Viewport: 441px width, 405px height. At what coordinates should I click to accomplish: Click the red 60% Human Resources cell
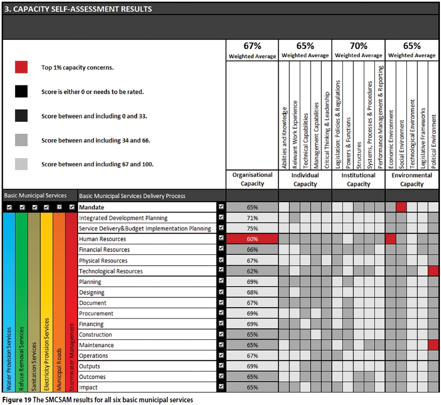pos(252,239)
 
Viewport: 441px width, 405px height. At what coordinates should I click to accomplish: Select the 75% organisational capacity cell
pos(252,229)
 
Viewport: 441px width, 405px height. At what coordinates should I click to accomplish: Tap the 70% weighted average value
pos(358,46)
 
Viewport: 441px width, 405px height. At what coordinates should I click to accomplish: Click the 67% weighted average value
pos(252,46)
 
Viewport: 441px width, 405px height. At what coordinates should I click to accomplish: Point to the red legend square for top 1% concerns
pos(21,68)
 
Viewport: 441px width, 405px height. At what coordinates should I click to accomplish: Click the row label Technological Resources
pos(111,271)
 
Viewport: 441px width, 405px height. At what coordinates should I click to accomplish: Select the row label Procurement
pos(96,314)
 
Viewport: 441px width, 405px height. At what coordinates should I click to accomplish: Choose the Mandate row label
pos(92,207)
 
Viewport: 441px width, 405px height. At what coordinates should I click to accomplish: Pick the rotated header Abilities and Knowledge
pos(284,135)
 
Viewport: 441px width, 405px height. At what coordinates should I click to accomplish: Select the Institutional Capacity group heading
pos(358,179)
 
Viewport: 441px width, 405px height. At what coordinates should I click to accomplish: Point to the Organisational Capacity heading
pos(252,179)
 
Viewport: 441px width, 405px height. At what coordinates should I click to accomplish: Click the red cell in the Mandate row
pos(401,207)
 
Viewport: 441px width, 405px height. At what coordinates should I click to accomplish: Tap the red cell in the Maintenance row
pos(433,345)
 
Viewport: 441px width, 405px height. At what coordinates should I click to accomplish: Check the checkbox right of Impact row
pos(221,388)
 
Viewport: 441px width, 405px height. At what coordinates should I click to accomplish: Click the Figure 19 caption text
pos(98,400)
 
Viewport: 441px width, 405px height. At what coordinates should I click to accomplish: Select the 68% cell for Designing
pos(252,292)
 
